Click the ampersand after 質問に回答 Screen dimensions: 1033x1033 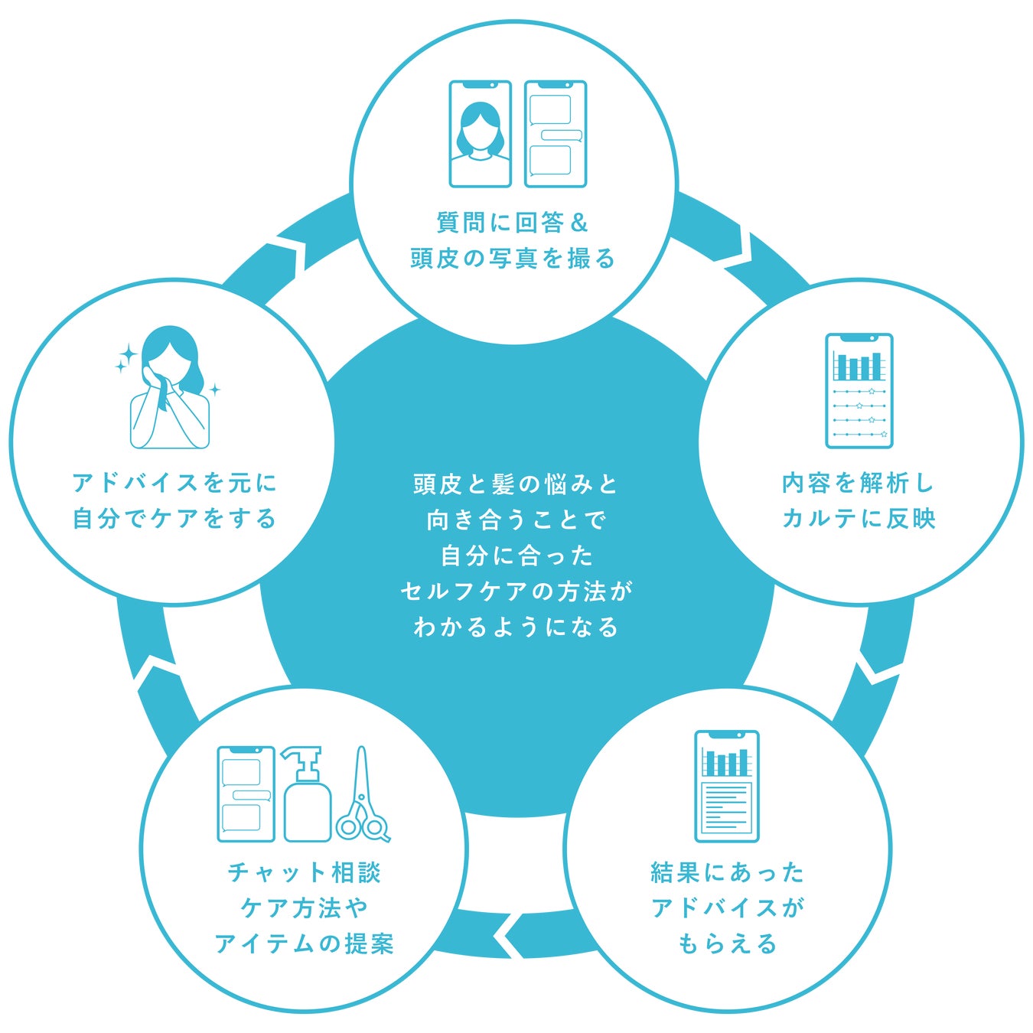click(579, 223)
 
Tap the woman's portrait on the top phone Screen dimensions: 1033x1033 click(480, 134)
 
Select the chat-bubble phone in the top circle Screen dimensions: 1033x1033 click(556, 134)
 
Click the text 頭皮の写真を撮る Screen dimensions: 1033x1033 click(513, 259)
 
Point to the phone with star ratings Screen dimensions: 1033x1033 click(859, 390)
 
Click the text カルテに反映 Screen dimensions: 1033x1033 click(859, 519)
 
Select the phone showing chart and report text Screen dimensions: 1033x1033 click(727, 786)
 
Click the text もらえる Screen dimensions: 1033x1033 click(728, 943)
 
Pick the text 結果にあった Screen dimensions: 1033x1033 click(728, 872)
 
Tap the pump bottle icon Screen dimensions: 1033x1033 click(307, 796)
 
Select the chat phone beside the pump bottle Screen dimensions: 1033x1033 click(246, 794)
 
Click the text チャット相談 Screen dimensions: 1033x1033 click(305, 872)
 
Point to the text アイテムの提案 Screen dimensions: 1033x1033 click(305, 943)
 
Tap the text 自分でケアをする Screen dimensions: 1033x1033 click(174, 519)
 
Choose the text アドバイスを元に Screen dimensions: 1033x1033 click(174, 483)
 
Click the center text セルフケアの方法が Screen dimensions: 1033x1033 click(516, 591)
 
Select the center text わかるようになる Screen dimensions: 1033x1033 click(516, 627)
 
